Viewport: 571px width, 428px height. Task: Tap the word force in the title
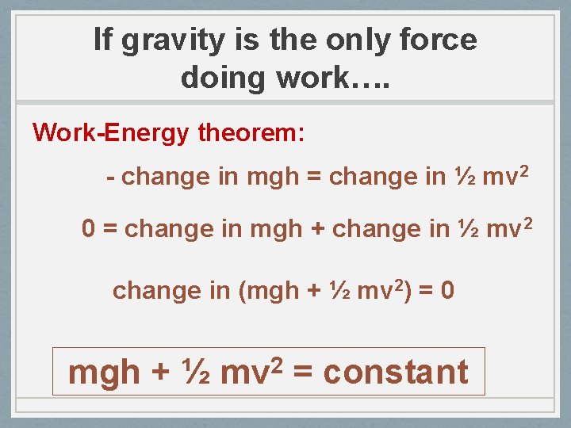pos(440,40)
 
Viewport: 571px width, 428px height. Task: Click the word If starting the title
pos(102,40)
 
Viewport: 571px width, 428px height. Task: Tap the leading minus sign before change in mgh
pos(111,177)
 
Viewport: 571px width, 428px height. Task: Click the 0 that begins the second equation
pos(90,229)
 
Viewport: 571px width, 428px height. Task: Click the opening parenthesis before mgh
pos(243,291)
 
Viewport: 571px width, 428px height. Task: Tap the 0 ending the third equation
pos(447,291)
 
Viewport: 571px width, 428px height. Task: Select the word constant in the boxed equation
pos(396,372)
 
